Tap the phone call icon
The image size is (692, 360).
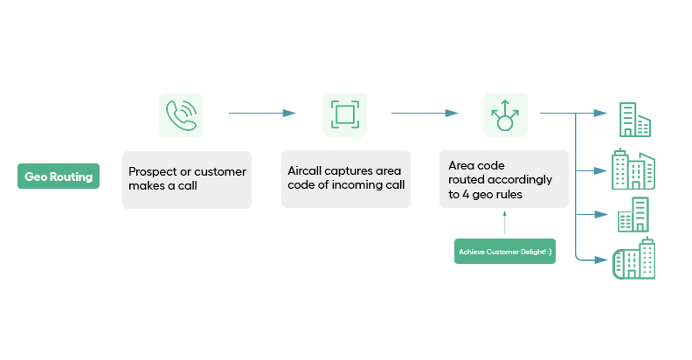(x=181, y=114)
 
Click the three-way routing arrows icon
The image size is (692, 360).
(x=505, y=114)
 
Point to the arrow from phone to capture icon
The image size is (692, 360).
(x=262, y=113)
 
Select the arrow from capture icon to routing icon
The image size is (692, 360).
(x=425, y=113)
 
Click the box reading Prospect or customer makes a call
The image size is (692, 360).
(x=187, y=179)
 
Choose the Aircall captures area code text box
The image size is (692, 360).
(x=346, y=178)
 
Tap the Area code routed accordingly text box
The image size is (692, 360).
(x=504, y=179)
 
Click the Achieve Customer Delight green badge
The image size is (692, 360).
(x=505, y=252)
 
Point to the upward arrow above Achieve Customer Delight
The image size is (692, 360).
(x=505, y=225)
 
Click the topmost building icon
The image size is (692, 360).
(x=634, y=120)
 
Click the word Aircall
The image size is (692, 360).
(x=305, y=171)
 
